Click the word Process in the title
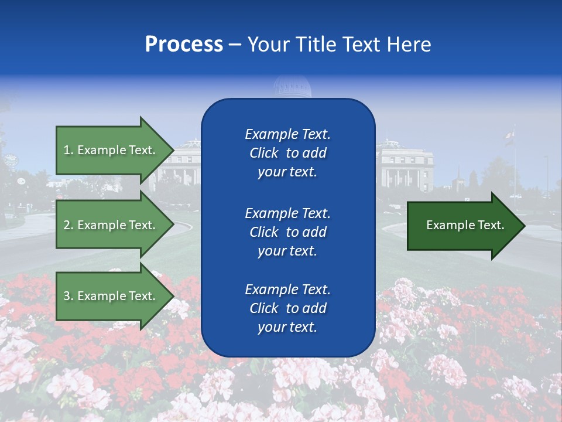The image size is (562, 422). pos(184,45)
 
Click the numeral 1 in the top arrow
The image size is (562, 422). pos(67,150)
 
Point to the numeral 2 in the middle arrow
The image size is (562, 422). pos(67,225)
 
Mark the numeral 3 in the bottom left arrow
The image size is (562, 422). pos(67,296)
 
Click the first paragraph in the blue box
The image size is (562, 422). pos(287,153)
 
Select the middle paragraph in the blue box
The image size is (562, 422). pos(287,232)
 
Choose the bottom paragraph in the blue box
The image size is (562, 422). pos(287,308)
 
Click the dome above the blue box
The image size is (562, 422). pos(292,88)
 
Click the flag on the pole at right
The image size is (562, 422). pos(509,136)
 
